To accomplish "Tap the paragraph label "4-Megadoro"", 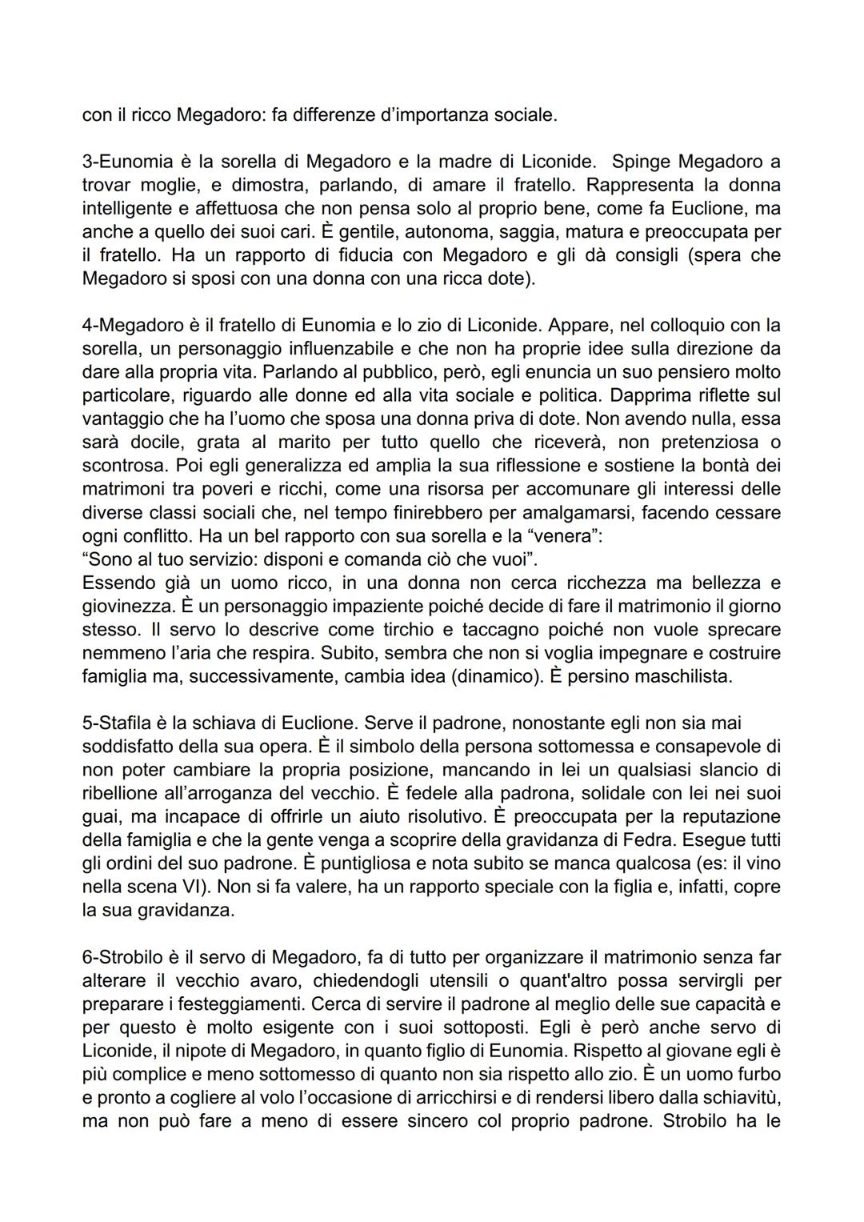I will (x=126, y=326).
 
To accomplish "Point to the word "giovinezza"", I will (x=124, y=607).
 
